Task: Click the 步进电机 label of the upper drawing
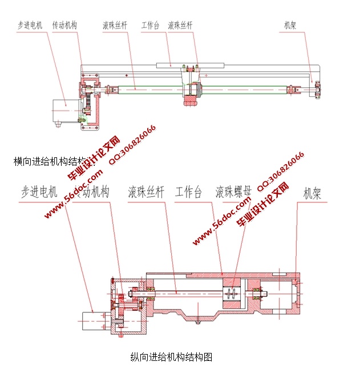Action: [x=30, y=25]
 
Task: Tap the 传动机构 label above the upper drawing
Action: [x=64, y=25]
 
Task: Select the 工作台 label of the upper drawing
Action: [x=150, y=25]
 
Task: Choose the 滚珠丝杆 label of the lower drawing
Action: [x=146, y=192]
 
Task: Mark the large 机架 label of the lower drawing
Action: [x=312, y=193]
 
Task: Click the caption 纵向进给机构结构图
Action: [x=171, y=357]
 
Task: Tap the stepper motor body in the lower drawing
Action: [x=94, y=320]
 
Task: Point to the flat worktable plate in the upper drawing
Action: [x=171, y=64]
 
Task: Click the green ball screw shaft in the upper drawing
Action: [x=148, y=88]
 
